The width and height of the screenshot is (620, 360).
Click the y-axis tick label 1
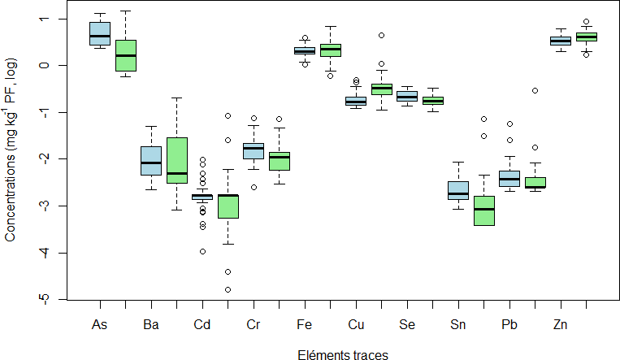pyautogui.click(x=44, y=18)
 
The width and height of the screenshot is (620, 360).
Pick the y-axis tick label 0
pyautogui.click(x=44, y=65)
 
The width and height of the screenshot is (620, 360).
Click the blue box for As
pyautogui.click(x=99, y=33)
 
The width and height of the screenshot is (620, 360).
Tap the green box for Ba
pyautogui.click(x=176, y=160)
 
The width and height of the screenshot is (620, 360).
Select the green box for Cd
pyautogui.click(x=228, y=206)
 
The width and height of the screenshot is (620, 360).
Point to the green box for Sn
pyautogui.click(x=483, y=210)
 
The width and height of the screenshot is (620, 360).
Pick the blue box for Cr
pyautogui.click(x=253, y=150)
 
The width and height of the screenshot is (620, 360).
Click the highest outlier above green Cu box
pyautogui.click(x=381, y=36)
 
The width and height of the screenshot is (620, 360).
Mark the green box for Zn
pyautogui.click(x=586, y=37)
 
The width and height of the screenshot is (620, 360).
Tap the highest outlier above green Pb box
pyautogui.click(x=535, y=91)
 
